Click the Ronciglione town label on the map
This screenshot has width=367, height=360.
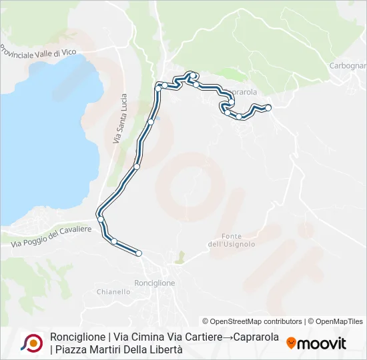[x=154, y=283]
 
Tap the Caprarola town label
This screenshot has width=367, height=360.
[x=240, y=92]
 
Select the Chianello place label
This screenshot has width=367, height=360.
[x=113, y=291]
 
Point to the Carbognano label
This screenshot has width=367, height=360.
[x=348, y=65]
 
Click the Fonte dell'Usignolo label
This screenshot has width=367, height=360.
[x=232, y=240]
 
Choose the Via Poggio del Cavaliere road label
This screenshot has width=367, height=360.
[x=51, y=237]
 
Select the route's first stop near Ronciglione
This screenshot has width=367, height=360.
[x=139, y=253]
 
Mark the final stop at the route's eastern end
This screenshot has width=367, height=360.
[x=268, y=107]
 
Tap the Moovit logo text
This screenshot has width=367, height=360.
[x=322, y=343]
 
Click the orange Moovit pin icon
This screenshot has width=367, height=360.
[x=292, y=343]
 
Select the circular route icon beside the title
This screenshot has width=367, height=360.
[x=31, y=343]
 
